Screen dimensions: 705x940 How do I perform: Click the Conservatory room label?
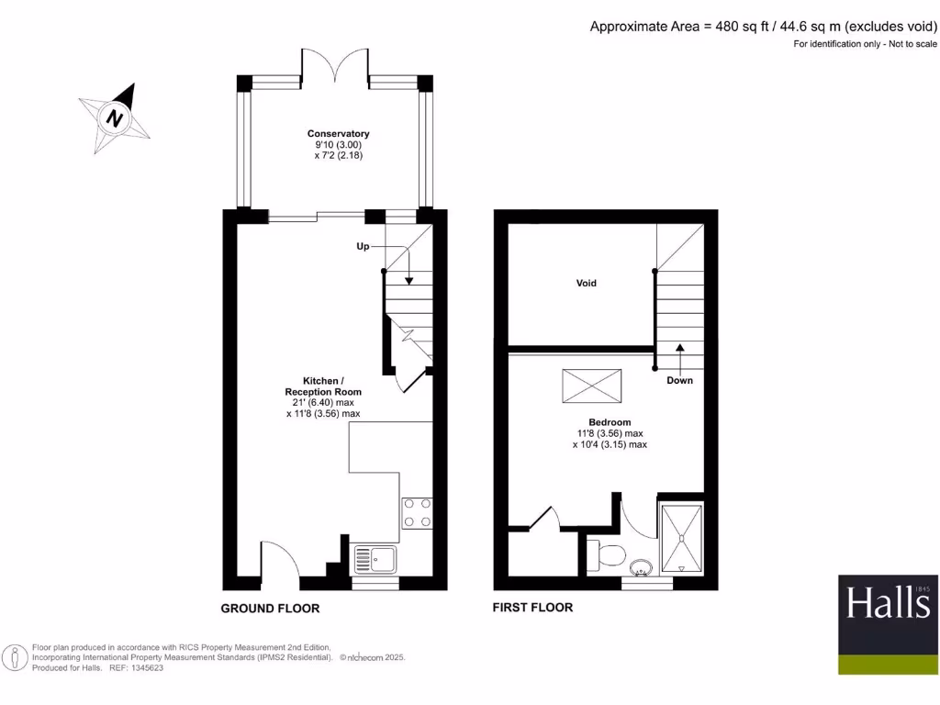pos(338,134)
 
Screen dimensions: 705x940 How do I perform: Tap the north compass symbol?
pos(115,118)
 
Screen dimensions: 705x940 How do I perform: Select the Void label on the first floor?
pos(587,283)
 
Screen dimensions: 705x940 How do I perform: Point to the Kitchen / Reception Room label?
pos(323,386)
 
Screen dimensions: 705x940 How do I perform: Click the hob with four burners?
pos(418,512)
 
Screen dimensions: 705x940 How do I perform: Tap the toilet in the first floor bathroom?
pos(609,554)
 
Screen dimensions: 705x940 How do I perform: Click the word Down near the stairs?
pos(680,380)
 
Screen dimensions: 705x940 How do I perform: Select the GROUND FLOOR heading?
pos(270,609)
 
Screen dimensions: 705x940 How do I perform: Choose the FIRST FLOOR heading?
pos(532,608)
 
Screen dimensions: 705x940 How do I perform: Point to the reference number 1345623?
pos(142,668)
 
